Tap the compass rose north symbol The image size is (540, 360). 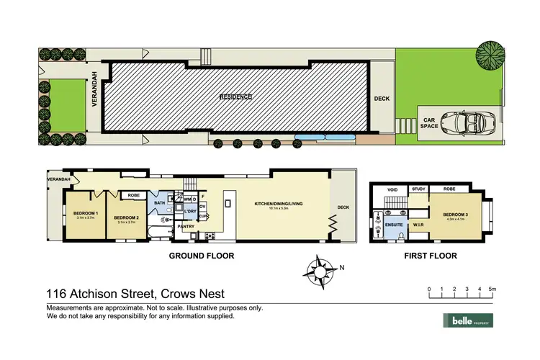pyautogui.click(x=320, y=271)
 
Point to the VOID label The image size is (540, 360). pyautogui.click(x=392, y=190)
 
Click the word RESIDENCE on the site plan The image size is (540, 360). pyautogui.click(x=236, y=96)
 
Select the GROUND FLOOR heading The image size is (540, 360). pyautogui.click(x=201, y=256)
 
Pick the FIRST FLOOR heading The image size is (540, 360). pyautogui.click(x=431, y=256)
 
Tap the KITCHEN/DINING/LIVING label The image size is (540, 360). pyautogui.click(x=278, y=204)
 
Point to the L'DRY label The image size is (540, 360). pyautogui.click(x=190, y=212)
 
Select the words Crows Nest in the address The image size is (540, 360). pyautogui.click(x=187, y=293)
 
